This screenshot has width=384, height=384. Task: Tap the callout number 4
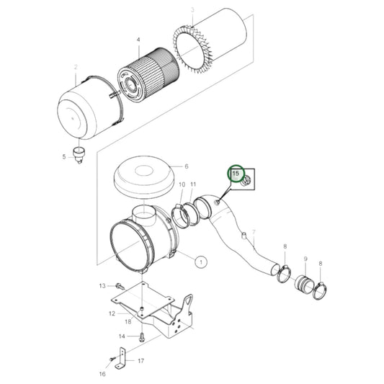point(138,41)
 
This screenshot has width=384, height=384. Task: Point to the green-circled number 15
point(235,174)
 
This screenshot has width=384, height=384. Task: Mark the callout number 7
point(254,231)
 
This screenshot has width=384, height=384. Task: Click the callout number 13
point(102,286)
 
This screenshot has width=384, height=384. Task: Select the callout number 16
point(102,375)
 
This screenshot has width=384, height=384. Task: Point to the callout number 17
point(140,361)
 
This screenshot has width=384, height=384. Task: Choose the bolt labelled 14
point(143,336)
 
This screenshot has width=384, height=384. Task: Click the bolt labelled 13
point(118,286)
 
